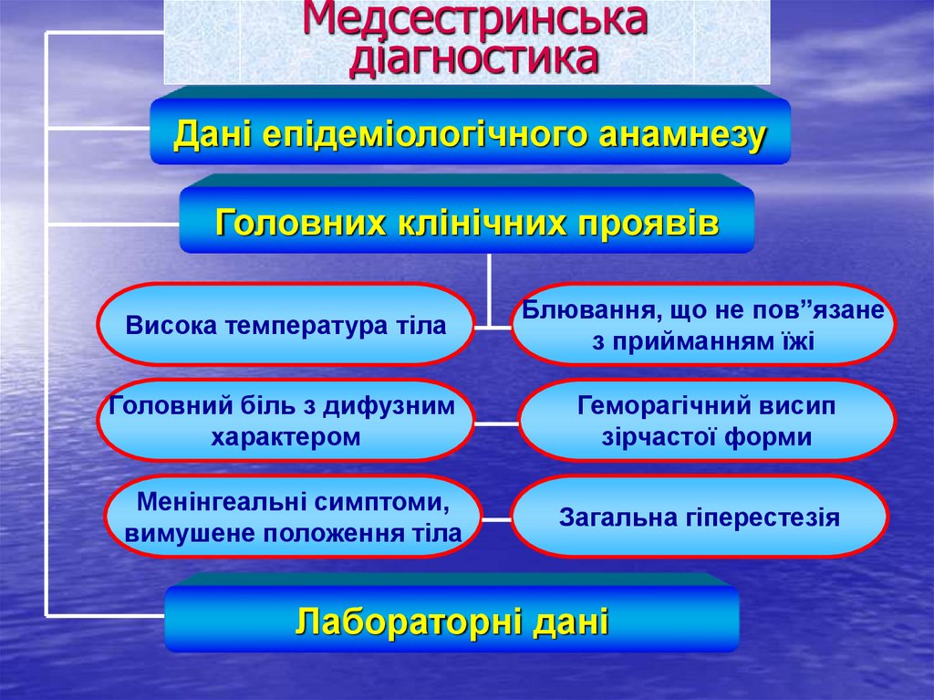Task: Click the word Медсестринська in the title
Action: pos(474,19)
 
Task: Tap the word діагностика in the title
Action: pos(474,57)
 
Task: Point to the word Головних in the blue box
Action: pos(290,222)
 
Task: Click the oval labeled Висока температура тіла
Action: pos(285,325)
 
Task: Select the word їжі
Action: pos(788,341)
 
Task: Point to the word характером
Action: pos(285,437)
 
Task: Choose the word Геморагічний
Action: pos(654,405)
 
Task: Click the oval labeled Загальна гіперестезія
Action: pos(699,517)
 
